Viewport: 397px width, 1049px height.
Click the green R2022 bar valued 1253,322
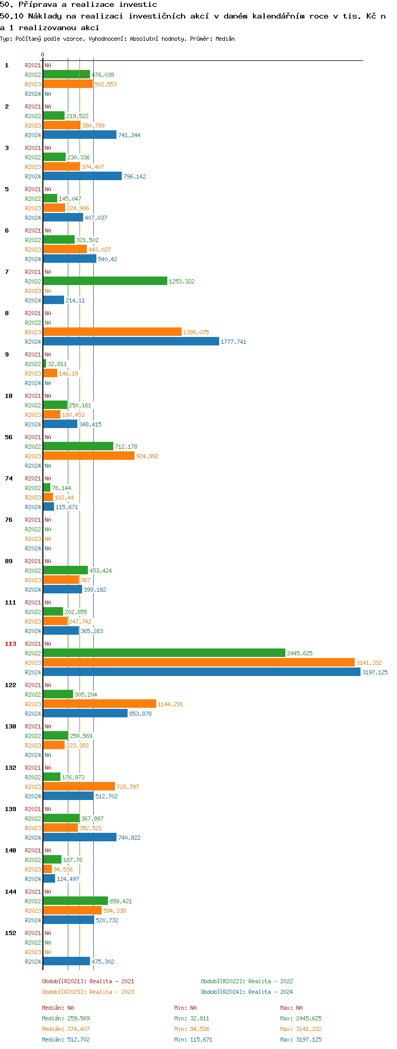105,281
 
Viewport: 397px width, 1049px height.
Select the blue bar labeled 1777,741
131,342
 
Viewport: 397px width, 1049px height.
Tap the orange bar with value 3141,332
198,663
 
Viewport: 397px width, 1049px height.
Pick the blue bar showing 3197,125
201,672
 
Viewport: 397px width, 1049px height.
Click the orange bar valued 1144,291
100,704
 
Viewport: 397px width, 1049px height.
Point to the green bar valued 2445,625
164,653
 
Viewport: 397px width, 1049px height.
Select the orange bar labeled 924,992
88,456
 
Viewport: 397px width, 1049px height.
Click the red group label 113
11,644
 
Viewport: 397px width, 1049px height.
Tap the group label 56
9,437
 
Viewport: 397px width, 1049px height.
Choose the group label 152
11,933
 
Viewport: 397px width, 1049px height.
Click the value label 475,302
103,962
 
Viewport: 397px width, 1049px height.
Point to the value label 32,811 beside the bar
57,364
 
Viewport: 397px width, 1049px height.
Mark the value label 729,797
128,787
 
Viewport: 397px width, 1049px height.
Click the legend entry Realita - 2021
88,981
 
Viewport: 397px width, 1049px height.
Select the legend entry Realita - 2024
247,992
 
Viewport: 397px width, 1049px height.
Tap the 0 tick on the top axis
43,55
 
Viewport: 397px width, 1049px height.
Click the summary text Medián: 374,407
66,1029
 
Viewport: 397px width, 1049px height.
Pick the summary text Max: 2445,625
301,1018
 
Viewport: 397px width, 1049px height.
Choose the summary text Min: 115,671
193,1039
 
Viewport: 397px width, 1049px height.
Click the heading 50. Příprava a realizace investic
78,5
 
